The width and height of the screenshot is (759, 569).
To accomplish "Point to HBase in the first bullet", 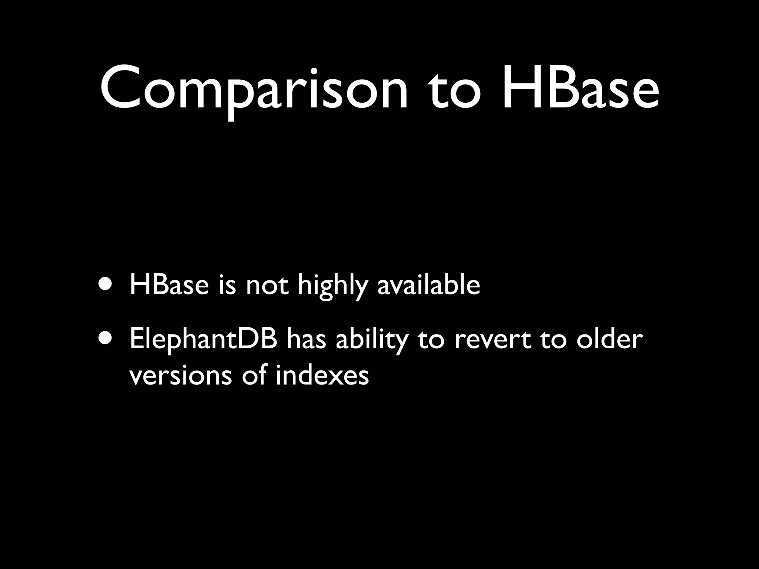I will pyautogui.click(x=169, y=285).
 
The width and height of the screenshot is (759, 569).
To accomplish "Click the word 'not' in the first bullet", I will pyautogui.click(x=267, y=286).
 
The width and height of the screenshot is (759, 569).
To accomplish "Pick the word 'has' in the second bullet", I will pyautogui.click(x=306, y=339).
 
